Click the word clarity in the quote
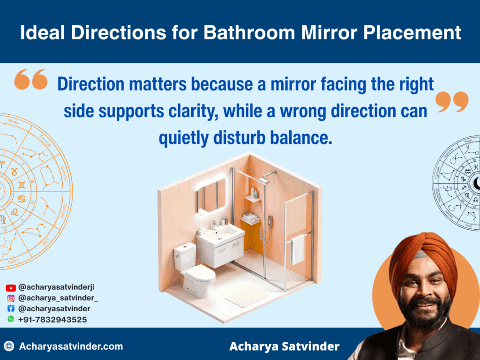(x=192, y=112)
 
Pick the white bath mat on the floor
(x=247, y=297)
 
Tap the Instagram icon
(x=11, y=298)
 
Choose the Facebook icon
(x=11, y=309)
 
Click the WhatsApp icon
(x=11, y=319)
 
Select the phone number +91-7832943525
(x=52, y=320)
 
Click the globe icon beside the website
(x=9, y=347)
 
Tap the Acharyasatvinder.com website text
(x=71, y=347)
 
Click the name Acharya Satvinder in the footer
(x=284, y=347)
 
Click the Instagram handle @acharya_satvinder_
(x=58, y=298)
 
